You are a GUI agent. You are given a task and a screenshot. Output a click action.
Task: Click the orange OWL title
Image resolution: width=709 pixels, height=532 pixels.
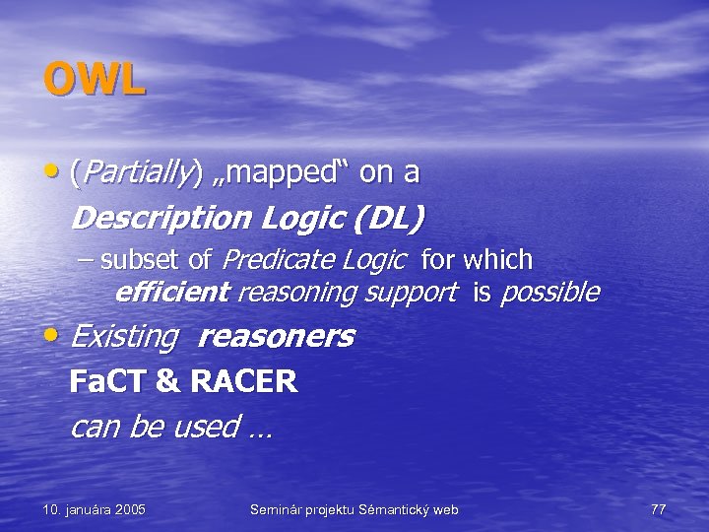click(x=95, y=79)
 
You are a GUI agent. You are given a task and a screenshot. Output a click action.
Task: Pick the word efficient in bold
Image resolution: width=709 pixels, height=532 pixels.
click(x=171, y=293)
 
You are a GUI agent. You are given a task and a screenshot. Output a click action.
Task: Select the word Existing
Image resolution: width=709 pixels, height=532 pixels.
click(x=124, y=337)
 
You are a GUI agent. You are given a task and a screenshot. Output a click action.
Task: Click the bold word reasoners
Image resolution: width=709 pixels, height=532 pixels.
click(x=276, y=337)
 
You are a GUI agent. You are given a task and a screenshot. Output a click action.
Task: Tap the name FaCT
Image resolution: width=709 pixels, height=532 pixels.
click(x=101, y=381)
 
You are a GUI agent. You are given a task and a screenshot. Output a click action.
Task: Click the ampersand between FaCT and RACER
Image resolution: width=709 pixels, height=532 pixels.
click(x=157, y=381)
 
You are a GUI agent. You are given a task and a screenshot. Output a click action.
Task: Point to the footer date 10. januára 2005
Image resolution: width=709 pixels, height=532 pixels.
click(x=95, y=509)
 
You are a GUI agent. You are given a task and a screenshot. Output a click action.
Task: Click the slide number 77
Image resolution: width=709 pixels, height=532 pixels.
click(x=659, y=509)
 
